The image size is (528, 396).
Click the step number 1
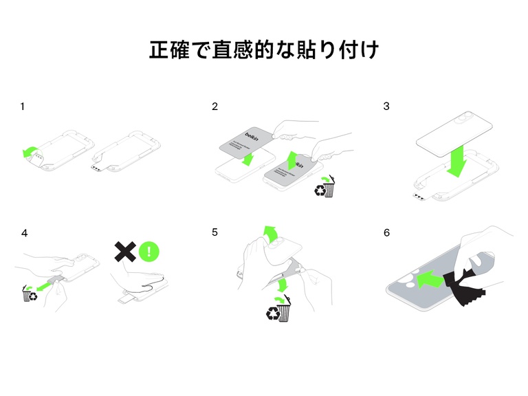click(23, 107)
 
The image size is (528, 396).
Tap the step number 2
click(215, 107)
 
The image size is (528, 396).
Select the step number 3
click(386, 107)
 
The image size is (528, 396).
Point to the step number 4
click(25, 233)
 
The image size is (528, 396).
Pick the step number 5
click(215, 233)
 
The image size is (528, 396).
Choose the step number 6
click(386, 233)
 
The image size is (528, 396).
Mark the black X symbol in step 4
click(124, 251)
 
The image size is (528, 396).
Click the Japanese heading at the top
click(264, 49)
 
